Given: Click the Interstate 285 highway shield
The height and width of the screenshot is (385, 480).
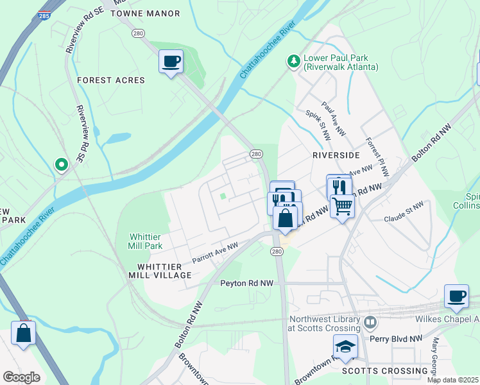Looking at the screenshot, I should click(x=42, y=13).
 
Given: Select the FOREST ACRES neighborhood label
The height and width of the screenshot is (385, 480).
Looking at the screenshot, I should click(x=111, y=80).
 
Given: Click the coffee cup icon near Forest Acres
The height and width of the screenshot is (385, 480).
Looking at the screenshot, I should click(x=171, y=62).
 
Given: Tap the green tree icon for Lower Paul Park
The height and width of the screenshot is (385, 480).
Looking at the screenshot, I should click(x=293, y=61).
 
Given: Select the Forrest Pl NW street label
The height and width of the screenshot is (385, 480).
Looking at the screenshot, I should click(x=375, y=150).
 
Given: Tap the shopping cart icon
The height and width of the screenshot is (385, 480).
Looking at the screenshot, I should click(x=343, y=207).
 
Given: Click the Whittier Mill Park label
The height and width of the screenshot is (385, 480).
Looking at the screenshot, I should click(x=146, y=241).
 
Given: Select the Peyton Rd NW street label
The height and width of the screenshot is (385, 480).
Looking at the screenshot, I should click(x=246, y=283).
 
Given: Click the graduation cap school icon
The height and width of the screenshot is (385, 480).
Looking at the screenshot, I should click(x=345, y=346).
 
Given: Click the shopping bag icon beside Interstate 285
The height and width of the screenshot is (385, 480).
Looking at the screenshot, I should click(x=23, y=334).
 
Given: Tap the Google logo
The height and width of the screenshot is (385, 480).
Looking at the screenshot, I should click(x=21, y=377).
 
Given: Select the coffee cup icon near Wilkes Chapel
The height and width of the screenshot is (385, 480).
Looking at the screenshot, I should click(x=456, y=296).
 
